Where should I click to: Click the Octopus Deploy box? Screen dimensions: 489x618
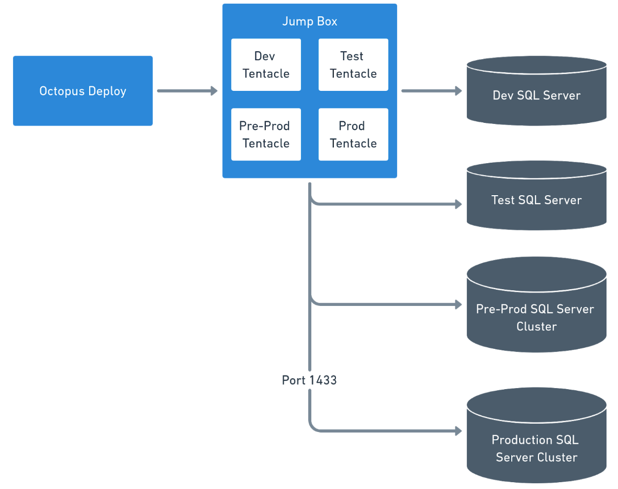tap(83, 91)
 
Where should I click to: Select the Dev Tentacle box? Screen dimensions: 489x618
tap(266, 65)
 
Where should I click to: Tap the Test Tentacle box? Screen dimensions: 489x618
tap(353, 65)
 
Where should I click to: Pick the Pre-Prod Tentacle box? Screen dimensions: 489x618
tap(266, 134)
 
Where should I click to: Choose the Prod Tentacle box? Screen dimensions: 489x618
tap(353, 134)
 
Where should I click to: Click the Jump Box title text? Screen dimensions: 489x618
tap(310, 21)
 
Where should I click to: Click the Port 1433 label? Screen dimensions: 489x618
tap(309, 380)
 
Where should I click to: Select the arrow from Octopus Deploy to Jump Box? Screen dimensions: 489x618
tap(187, 91)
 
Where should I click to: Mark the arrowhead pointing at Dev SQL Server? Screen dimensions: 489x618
tap(458, 91)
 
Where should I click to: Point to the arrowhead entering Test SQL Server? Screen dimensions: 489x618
tap(458, 204)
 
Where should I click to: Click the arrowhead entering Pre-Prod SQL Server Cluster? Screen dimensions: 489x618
tap(458, 304)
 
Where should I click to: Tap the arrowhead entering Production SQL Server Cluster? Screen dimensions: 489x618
tap(458, 431)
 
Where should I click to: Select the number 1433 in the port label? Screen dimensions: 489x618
tap(323, 380)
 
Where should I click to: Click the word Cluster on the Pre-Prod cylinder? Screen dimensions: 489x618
tap(536, 326)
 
